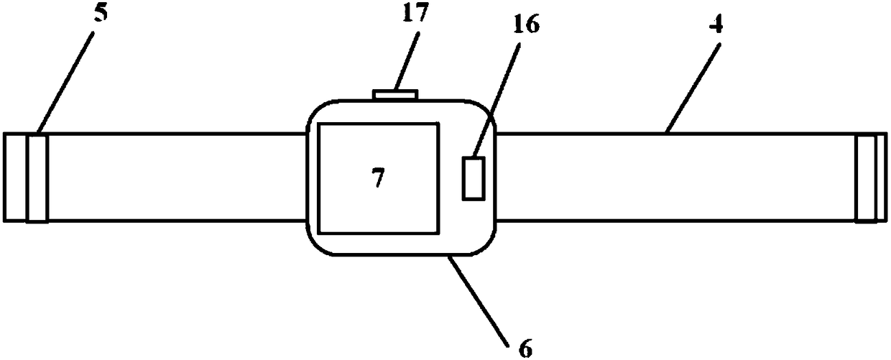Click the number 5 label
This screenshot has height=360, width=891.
click(x=101, y=14)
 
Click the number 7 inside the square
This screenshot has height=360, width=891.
click(x=378, y=177)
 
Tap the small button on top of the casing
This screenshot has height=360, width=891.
click(x=394, y=93)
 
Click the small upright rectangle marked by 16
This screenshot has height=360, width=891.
click(x=474, y=177)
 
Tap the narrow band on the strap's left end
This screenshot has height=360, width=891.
click(x=37, y=177)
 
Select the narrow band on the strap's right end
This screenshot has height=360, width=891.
click(x=866, y=177)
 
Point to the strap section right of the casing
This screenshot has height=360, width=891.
click(x=675, y=177)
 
